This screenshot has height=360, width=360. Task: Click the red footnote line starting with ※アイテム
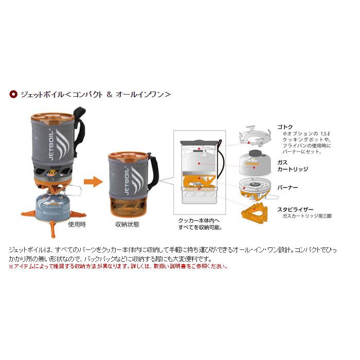pyautogui.click(x=118, y=266)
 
